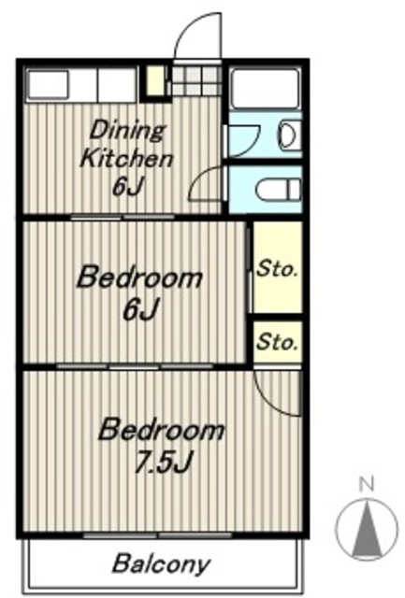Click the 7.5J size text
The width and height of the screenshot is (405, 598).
[x=162, y=462]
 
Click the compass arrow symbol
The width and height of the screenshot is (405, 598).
[x=366, y=528]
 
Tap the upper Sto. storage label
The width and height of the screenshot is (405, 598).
[x=277, y=271]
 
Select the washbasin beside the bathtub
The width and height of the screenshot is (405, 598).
[x=288, y=136]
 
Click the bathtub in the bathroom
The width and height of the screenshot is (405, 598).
[x=266, y=90]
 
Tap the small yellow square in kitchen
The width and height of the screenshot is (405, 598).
[x=151, y=82]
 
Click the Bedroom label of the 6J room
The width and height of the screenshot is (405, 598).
[x=139, y=278]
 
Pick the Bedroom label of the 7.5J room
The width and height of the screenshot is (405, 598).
[x=162, y=432]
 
